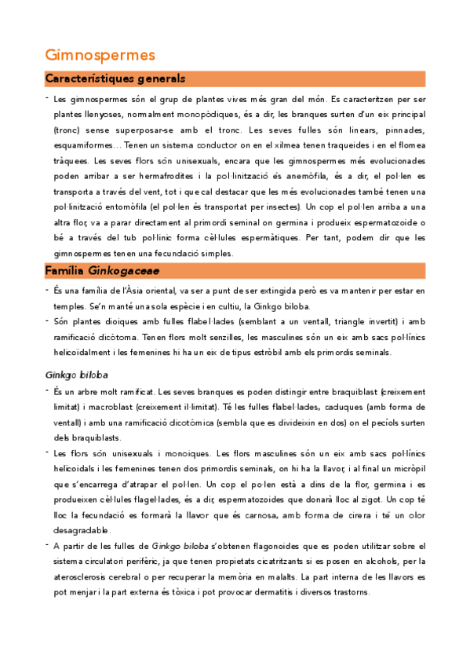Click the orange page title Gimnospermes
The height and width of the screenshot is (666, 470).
point(100,55)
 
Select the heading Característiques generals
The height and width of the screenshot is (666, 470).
point(115,79)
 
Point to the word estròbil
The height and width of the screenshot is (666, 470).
point(321,352)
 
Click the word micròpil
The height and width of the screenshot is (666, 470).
point(407,469)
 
